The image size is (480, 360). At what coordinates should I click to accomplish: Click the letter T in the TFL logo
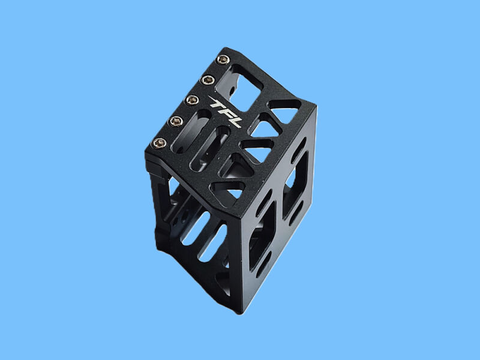click(217, 101)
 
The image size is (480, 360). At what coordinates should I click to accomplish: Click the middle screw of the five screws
click(192, 100)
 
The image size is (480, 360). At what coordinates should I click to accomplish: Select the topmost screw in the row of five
click(223, 59)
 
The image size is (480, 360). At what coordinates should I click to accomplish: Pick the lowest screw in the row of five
click(159, 143)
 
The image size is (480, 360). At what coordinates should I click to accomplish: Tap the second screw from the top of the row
click(208, 80)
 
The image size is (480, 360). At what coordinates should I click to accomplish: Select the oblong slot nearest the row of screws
click(191, 131)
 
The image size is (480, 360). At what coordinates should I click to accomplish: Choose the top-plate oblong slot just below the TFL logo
click(210, 148)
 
